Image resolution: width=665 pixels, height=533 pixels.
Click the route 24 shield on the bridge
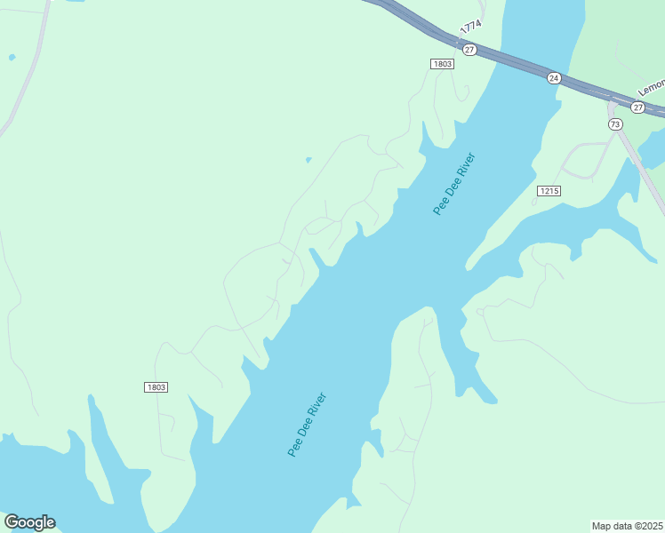554,78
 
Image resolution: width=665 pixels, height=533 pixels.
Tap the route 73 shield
615,124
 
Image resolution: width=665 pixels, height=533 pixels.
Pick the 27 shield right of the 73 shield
637,107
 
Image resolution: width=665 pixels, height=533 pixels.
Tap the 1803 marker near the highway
442,64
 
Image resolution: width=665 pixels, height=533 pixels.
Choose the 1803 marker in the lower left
156,387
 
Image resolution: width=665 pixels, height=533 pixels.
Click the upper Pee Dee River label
454,184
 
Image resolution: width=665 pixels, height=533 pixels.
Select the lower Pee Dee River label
307,425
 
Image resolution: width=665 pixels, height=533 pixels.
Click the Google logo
29,522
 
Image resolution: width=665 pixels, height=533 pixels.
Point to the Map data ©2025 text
628,525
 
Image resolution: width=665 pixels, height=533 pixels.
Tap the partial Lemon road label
652,87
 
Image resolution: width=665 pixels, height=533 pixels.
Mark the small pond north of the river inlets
308,160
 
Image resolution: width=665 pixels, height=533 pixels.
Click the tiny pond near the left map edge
12,58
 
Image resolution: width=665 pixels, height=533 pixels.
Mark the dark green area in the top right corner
627,36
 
